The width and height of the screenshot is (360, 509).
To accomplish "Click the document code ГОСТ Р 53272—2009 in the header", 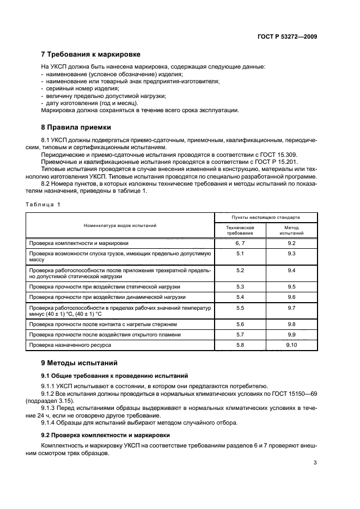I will coord(287,37).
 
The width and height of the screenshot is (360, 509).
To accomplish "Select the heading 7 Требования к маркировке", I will coord(91,54).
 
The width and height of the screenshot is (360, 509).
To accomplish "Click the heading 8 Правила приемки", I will coord(76,127).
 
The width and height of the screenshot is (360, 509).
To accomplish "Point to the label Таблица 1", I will coord(43,204).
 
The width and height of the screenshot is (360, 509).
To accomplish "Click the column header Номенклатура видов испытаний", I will coord(120,225).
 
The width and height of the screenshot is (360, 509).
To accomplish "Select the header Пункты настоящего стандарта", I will coord(266,217).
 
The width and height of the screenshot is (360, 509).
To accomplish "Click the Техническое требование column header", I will coord(240,230).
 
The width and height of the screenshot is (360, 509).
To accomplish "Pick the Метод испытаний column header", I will coord(291,230).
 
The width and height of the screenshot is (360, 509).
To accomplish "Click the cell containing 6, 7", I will coord(240,243).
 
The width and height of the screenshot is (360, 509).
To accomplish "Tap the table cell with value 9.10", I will coord(291,345).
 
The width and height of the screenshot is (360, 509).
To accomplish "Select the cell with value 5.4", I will coord(240,297).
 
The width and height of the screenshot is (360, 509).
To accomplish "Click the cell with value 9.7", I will coord(291,308).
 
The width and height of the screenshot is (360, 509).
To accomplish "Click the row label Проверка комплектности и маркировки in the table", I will coord(79,243).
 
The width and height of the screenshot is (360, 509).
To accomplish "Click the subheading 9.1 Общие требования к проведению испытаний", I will coord(115,375).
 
